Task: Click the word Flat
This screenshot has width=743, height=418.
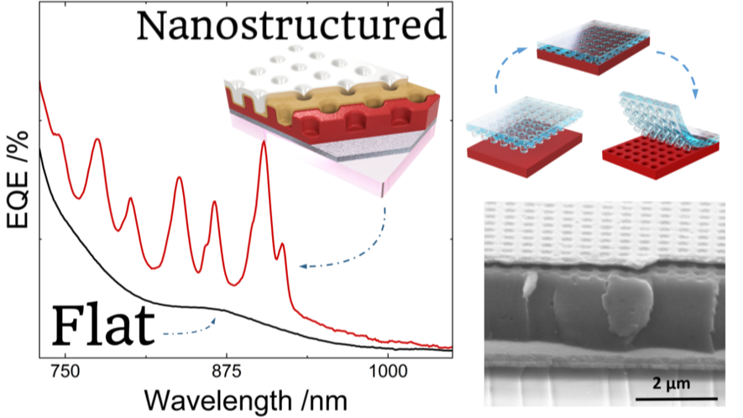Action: coord(103,325)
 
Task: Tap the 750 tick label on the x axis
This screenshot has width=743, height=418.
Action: coord(65,371)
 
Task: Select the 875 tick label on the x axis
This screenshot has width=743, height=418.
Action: coord(227,371)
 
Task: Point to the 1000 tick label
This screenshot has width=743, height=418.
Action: coord(388,371)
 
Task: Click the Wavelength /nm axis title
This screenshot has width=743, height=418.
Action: coord(245,401)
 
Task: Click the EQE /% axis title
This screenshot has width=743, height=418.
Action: coord(18,180)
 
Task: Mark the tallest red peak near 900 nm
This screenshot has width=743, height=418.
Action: coord(264,142)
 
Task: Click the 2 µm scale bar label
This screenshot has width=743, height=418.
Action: coord(671,383)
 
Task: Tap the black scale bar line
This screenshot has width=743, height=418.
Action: coord(676,399)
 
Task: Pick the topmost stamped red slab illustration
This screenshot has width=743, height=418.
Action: coord(594,47)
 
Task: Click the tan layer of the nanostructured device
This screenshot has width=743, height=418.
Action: coord(351,97)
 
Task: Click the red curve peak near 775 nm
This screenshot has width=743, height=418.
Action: coord(97,140)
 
